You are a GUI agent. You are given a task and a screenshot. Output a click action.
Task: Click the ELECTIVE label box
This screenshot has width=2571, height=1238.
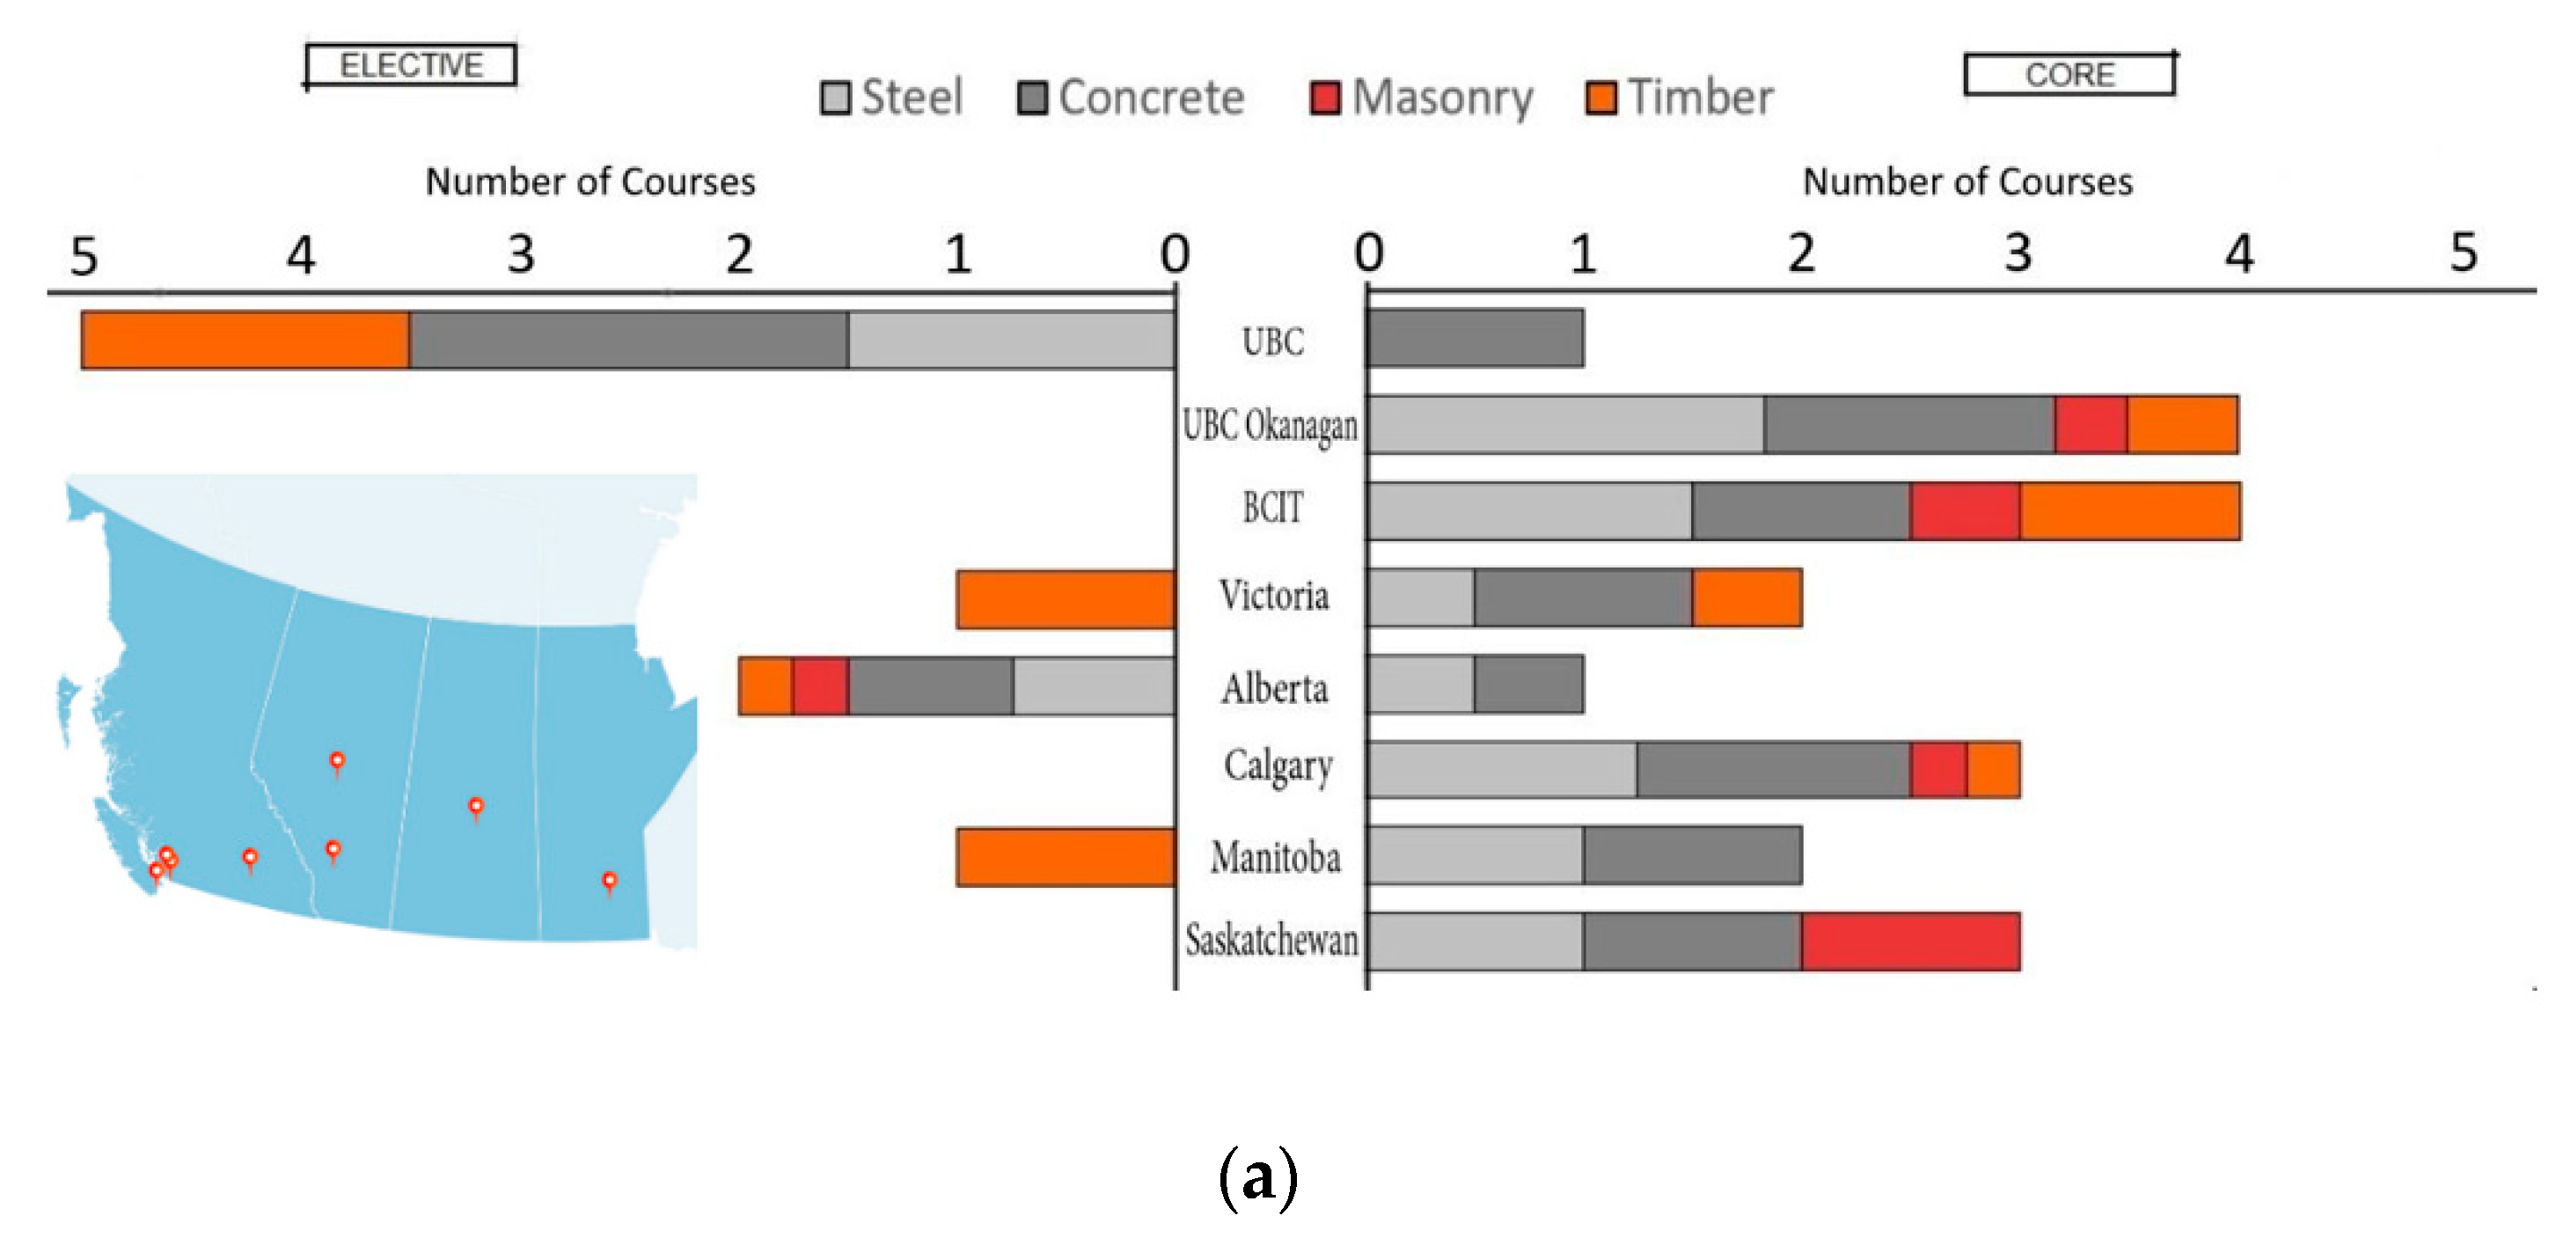tap(410, 66)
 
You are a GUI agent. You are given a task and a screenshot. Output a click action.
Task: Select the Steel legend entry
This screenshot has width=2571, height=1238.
tap(891, 98)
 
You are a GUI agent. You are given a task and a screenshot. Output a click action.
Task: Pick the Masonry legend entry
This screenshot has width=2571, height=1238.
tap(1422, 98)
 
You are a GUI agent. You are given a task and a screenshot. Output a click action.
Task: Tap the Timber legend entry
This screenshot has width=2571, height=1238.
tap(1680, 98)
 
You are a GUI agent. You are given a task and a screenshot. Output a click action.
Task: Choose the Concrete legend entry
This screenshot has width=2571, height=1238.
tap(1131, 98)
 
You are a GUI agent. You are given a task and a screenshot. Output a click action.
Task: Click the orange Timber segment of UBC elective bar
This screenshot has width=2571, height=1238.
tap(245, 341)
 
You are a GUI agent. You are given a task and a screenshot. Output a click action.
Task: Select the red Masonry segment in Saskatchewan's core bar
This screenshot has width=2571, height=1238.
tap(1910, 941)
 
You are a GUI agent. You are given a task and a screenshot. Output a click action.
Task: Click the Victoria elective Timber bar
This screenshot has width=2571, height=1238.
tap(1065, 600)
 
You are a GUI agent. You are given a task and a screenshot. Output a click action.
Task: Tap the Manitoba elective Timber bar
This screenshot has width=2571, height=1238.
tap(1065, 858)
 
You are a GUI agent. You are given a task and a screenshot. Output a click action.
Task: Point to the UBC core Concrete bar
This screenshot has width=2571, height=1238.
tap(1476, 339)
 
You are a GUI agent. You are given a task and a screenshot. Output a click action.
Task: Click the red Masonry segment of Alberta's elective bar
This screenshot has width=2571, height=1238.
tap(820, 686)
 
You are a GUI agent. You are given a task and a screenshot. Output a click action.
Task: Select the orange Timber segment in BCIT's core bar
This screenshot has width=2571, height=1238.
tap(2130, 511)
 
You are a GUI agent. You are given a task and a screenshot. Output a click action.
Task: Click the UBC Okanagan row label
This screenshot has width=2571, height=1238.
tap(1270, 425)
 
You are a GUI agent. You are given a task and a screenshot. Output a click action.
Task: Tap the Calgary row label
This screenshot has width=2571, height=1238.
tap(1278, 766)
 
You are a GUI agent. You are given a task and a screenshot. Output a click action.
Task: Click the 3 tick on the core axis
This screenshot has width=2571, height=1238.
tap(2018, 254)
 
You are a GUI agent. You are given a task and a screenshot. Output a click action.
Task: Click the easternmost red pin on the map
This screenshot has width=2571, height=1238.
tap(609, 881)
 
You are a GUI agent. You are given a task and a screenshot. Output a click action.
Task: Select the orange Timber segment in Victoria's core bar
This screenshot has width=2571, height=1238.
tap(1747, 598)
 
